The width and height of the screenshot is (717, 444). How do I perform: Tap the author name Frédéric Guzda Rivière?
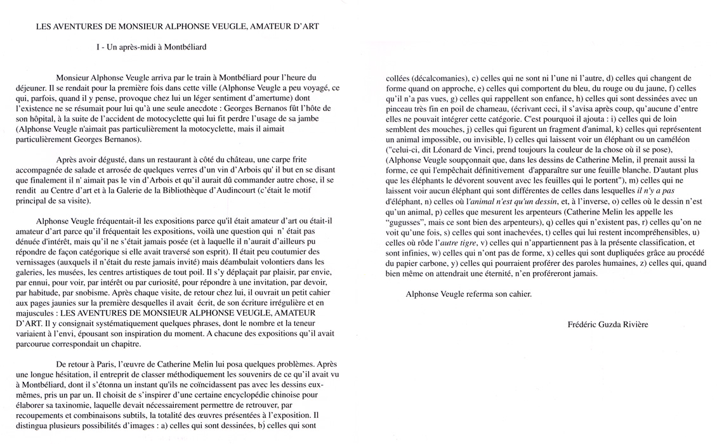(x=608, y=325)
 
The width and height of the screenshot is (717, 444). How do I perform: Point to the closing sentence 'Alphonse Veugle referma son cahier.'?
(x=468, y=294)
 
